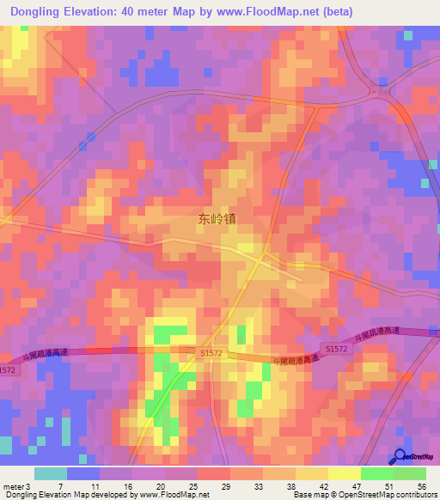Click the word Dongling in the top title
click(x=42, y=12)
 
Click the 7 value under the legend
click(x=60, y=487)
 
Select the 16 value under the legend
click(x=128, y=487)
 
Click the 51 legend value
click(x=390, y=487)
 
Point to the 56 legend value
click(x=421, y=487)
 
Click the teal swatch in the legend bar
click(x=51, y=473)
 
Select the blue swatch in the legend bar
click(x=83, y=473)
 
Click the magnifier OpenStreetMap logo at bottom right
click(x=401, y=457)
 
